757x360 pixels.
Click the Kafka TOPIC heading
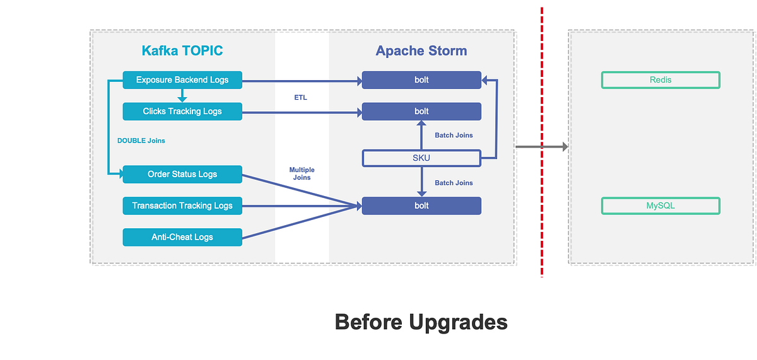[182, 51]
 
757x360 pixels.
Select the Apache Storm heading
[421, 51]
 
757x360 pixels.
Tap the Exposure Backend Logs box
[182, 80]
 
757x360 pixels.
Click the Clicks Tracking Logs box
[182, 112]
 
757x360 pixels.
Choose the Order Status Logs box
[182, 175]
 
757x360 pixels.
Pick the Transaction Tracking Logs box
[182, 206]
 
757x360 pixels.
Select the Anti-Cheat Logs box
[182, 237]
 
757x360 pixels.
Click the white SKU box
[421, 158]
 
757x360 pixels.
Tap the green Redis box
[660, 80]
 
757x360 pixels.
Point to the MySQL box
[660, 206]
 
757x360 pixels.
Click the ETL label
[300, 98]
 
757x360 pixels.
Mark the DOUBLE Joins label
[141, 141]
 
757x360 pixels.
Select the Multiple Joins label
[302, 174]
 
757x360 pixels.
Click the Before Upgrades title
[421, 322]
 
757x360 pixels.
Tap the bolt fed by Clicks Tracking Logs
[421, 112]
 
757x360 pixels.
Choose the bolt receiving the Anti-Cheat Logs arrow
[421, 206]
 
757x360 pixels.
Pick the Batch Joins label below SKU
[454, 183]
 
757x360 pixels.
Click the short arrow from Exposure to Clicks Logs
[182, 95]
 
